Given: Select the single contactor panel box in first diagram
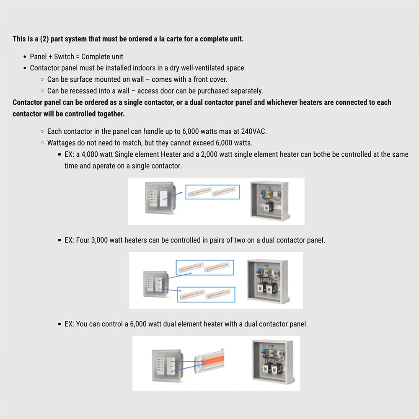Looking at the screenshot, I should [x=268, y=200].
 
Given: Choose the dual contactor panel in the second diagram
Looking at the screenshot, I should [x=266, y=279].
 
